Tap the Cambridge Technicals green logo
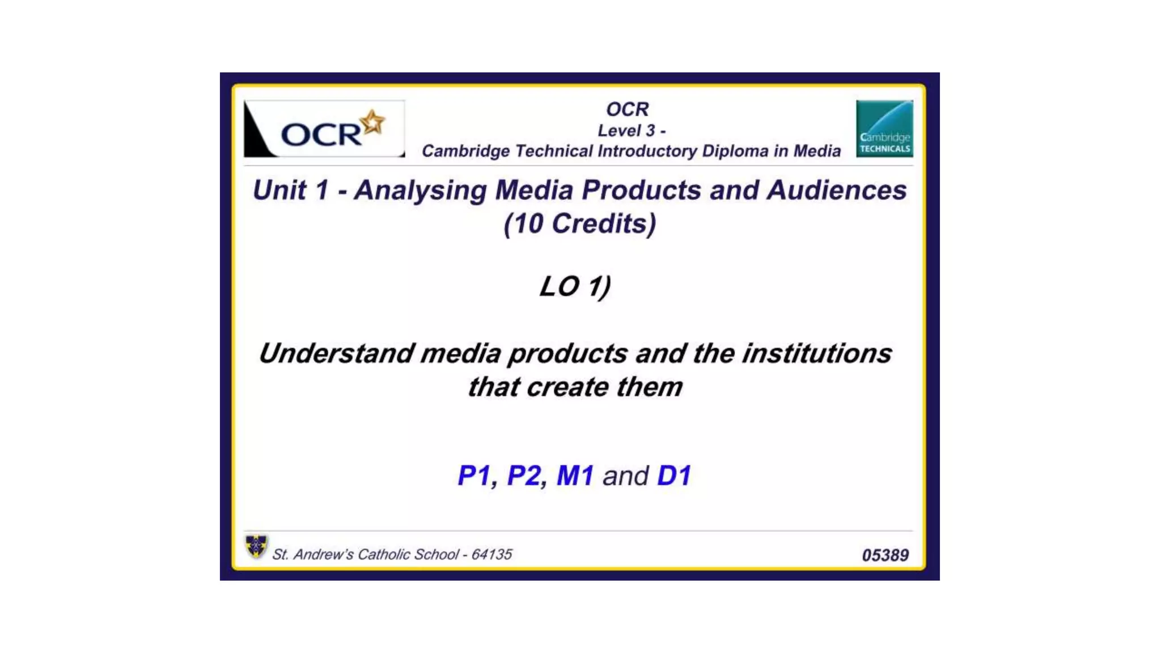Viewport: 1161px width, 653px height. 884,129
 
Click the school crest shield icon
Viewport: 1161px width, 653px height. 256,546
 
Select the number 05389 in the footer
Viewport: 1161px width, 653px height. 885,555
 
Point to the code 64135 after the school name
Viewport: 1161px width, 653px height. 491,554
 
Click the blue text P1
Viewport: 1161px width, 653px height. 474,476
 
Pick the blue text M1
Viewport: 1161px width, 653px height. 575,476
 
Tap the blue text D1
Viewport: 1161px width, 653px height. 674,476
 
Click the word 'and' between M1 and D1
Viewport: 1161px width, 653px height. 625,476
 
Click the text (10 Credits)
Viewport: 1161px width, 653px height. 579,223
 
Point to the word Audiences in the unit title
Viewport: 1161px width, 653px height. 836,190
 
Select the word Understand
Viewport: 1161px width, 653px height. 337,354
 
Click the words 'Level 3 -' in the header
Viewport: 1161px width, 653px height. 632,131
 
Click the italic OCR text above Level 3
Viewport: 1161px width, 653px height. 627,109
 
